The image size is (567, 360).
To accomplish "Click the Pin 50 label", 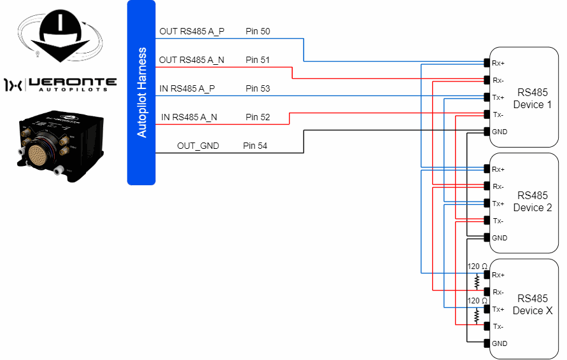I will pyautogui.click(x=258, y=31).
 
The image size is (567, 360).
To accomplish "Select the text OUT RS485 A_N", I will pyautogui.click(x=192, y=60).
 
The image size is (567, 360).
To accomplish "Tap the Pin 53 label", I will pyautogui.click(x=258, y=88).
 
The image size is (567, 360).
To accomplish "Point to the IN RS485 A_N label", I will pyautogui.click(x=189, y=117).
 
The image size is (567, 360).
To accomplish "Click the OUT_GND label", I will pyautogui.click(x=198, y=146).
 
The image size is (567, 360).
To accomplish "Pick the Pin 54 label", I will pyautogui.click(x=255, y=146).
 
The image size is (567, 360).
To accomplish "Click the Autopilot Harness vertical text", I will pyautogui.click(x=142, y=92).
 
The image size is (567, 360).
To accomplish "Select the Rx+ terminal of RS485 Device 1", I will pyautogui.click(x=487, y=63).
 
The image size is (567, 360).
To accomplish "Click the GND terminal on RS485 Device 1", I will pyautogui.click(x=487, y=132).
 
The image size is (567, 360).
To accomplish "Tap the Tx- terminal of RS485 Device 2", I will pyautogui.click(x=487, y=221).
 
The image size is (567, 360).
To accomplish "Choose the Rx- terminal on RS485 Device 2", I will pyautogui.click(x=487, y=186).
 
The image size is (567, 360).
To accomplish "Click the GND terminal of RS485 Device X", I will pyautogui.click(x=487, y=343).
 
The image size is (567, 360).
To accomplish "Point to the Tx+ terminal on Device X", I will pyautogui.click(x=487, y=309).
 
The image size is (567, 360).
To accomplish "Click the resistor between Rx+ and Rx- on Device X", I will pyautogui.click(x=476, y=282).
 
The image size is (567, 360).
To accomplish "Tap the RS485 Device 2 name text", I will pyautogui.click(x=532, y=202).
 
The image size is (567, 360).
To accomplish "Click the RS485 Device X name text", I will pyautogui.click(x=532, y=305).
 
